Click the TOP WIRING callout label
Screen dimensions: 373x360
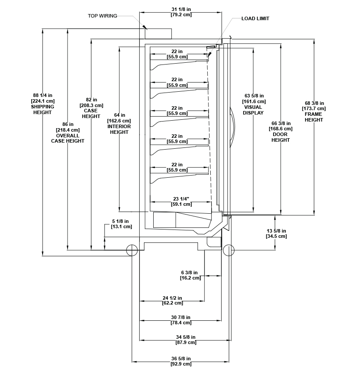click(x=102, y=16)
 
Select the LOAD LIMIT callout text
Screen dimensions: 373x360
click(x=255, y=18)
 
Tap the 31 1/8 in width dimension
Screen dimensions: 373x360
click(x=181, y=12)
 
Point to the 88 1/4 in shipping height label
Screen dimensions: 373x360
click(x=43, y=104)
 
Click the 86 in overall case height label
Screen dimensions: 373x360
click(x=68, y=133)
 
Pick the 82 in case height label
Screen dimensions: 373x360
click(x=91, y=108)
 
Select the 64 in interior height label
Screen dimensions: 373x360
click(x=119, y=124)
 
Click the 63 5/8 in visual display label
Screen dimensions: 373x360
click(x=253, y=104)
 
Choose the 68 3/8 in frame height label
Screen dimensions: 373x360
click(x=314, y=111)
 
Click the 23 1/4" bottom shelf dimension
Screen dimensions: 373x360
click(x=181, y=201)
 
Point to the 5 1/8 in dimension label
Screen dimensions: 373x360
click(x=122, y=224)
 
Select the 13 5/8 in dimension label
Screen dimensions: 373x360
click(x=276, y=233)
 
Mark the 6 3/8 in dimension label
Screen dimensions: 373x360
click(x=190, y=275)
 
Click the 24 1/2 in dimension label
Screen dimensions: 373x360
click(x=172, y=301)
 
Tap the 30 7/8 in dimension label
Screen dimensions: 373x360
click(x=181, y=320)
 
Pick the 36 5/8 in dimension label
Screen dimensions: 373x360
click(x=181, y=361)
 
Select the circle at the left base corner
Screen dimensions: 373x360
click(x=132, y=250)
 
